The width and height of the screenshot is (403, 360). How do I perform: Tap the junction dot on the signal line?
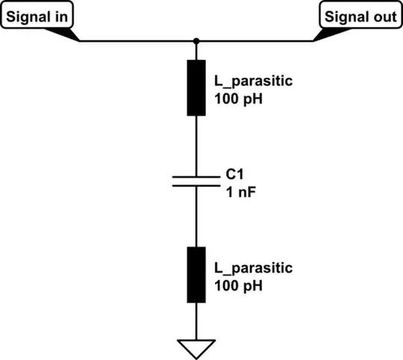(x=196, y=40)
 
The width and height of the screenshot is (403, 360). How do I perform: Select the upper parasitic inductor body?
(x=196, y=88)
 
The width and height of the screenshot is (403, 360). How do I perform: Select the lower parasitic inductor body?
(x=196, y=274)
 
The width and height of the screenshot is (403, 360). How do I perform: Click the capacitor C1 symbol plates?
(x=196, y=180)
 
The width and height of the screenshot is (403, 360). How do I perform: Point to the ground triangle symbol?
(x=196, y=347)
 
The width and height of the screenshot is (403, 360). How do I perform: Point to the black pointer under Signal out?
(x=325, y=34)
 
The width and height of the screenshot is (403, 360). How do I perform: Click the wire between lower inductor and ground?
(x=196, y=321)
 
